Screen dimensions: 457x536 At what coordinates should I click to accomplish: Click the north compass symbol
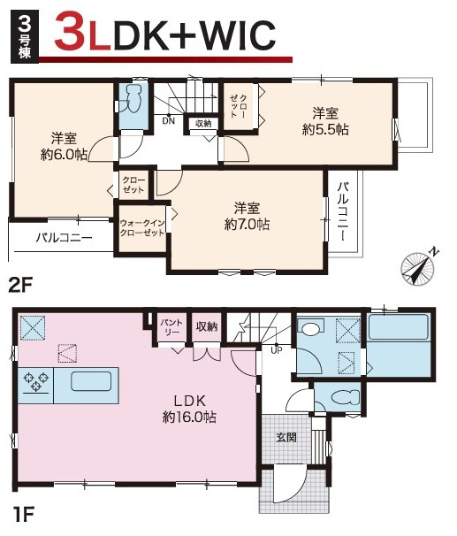[x=417, y=266]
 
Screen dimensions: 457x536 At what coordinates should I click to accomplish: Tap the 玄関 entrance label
[x=286, y=437]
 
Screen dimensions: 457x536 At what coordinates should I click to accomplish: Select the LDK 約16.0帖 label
[x=189, y=409]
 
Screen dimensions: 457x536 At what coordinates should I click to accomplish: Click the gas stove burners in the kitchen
[x=36, y=382]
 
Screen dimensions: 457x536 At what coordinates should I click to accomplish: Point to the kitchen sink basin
[x=91, y=381]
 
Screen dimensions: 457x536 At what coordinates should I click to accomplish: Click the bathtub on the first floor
[x=399, y=326]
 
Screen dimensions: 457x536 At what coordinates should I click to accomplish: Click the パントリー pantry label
[x=171, y=326]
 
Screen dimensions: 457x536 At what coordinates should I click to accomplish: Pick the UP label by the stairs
[x=276, y=350]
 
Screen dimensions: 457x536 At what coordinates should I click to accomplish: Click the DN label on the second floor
[x=168, y=120]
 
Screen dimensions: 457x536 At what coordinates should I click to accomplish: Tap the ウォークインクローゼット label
[x=142, y=228]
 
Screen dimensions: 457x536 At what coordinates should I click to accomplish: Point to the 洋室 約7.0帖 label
[x=247, y=216]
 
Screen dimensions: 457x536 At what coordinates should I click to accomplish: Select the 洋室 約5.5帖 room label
[x=325, y=121]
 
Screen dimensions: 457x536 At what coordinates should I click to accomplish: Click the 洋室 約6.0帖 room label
[x=64, y=147]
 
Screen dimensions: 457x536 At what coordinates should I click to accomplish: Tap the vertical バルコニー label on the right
[x=343, y=211]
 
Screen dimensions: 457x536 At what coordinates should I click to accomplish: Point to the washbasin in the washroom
[x=310, y=328]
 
